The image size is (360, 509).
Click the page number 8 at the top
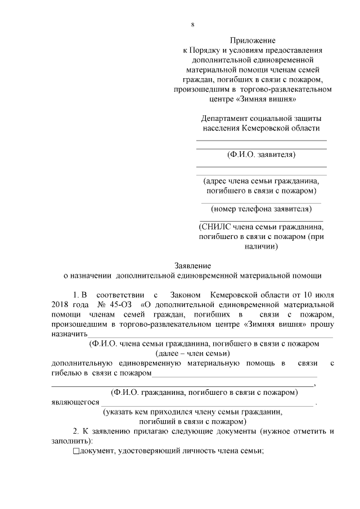pyautogui.click(x=192, y=25)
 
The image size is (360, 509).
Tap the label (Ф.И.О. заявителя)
pyautogui.click(x=261, y=154)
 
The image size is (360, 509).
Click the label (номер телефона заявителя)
pyautogui.click(x=261, y=209)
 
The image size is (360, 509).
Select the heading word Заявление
pyautogui.click(x=192, y=265)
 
